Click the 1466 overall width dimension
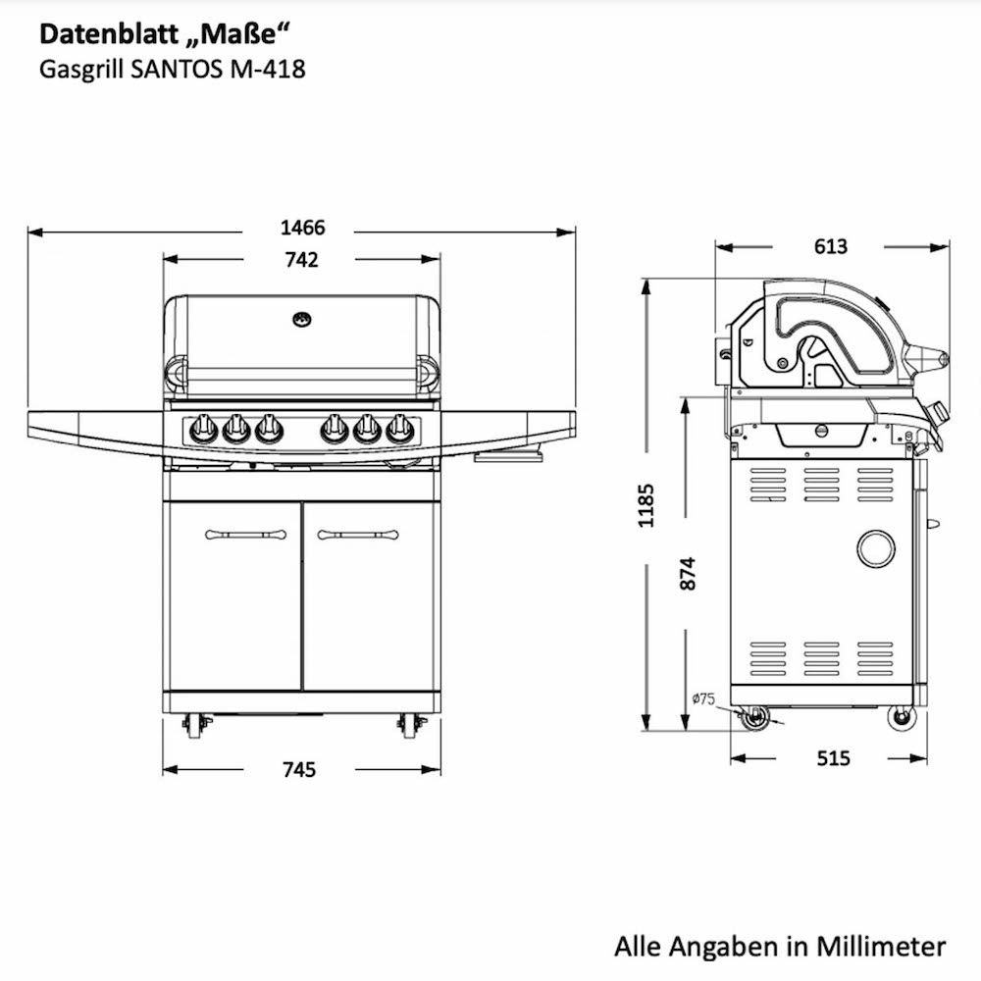tap(303, 228)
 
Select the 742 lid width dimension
tap(301, 260)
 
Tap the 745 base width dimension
tap(299, 769)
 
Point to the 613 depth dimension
tap(831, 246)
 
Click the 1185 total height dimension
tap(645, 505)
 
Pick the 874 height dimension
tap(687, 573)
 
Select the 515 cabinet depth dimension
tap(833, 758)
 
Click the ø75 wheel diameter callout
tap(703, 698)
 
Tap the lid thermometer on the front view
tap(302, 320)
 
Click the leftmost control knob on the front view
tap(203, 429)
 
